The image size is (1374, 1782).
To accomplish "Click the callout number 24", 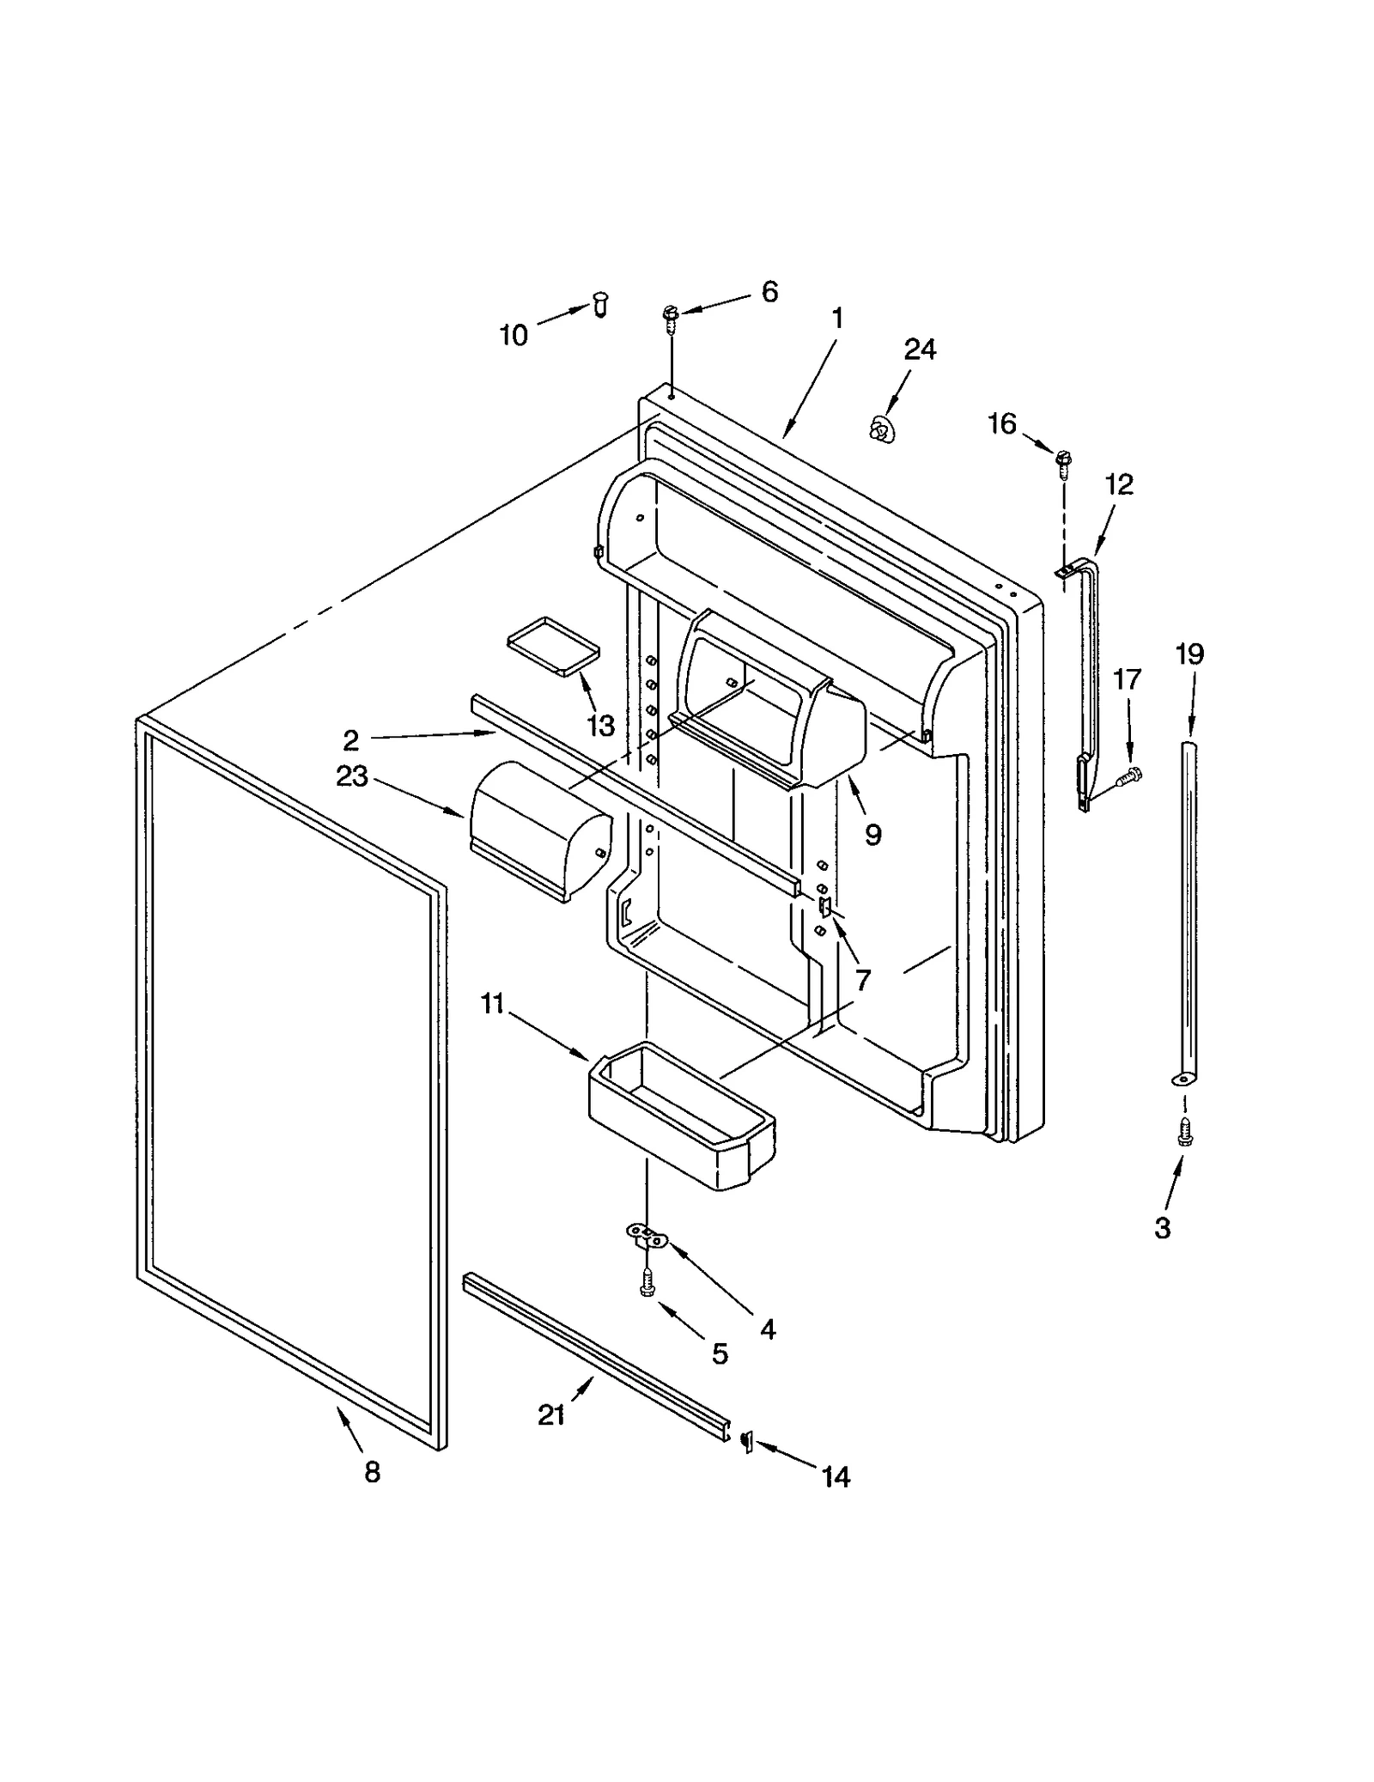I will point(919,350).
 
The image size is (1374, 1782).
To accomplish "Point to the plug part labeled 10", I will point(600,303).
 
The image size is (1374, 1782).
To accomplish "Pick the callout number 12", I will point(1118,484).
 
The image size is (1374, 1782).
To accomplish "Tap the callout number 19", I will point(1189,654).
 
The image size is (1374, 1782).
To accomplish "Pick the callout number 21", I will point(550,1414).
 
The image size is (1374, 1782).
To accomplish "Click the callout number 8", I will point(372,1473).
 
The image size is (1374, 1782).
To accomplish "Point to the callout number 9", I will point(872,834).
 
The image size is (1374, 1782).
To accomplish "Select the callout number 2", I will point(350,740).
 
